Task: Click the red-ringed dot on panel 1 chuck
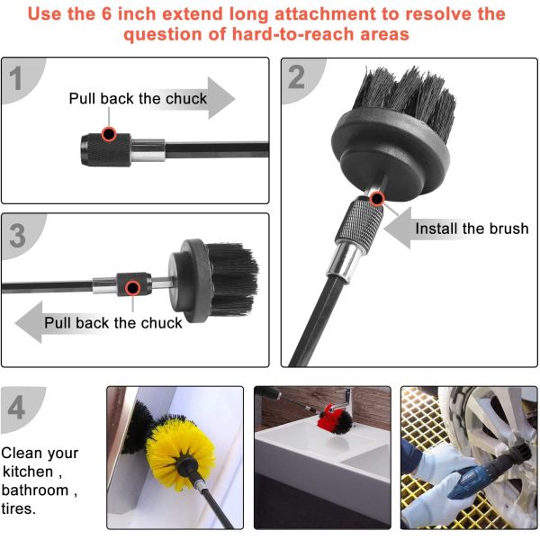[x=109, y=134]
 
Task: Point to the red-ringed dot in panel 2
[x=377, y=199]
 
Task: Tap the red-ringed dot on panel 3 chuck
[x=132, y=288]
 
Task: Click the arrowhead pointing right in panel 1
[x=221, y=98]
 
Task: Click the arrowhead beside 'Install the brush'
[x=398, y=228]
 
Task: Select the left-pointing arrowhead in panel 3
[x=29, y=322]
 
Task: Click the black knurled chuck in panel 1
[x=106, y=150]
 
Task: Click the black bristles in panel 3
[x=234, y=279]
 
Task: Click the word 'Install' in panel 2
[x=436, y=229]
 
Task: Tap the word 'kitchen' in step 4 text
[x=28, y=472]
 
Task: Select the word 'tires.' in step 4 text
[x=19, y=508]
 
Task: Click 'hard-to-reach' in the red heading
[x=292, y=34]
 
